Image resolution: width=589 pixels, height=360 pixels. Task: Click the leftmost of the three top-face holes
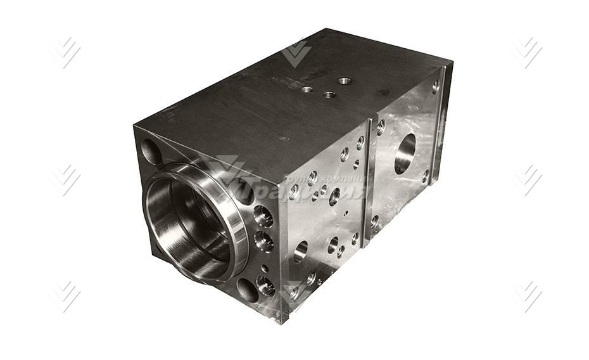click(x=307, y=89)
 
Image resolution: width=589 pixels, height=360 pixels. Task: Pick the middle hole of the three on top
click(x=329, y=95)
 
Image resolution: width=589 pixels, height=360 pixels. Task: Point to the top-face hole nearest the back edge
click(x=345, y=80)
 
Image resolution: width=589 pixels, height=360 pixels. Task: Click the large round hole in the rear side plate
click(x=405, y=153)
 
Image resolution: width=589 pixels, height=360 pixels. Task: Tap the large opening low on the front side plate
click(x=301, y=251)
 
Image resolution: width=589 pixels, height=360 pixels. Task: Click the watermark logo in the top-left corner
click(x=65, y=53)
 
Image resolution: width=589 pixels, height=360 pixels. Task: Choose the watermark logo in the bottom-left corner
click(x=65, y=296)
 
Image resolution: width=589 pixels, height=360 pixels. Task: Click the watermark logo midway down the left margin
click(x=65, y=179)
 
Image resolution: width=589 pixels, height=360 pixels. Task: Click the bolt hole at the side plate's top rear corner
click(x=436, y=86)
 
